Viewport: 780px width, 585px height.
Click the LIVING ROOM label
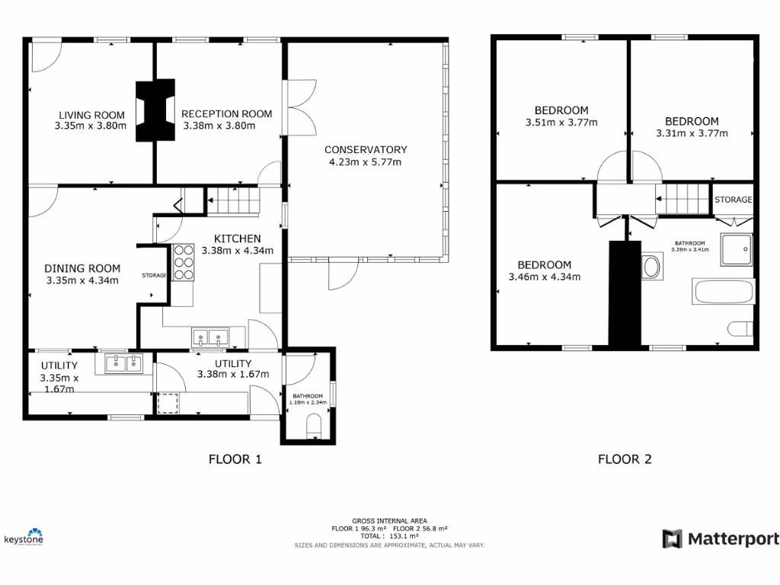click(x=91, y=115)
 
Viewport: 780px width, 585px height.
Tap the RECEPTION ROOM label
click(x=226, y=114)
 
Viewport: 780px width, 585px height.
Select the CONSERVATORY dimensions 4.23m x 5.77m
click(x=365, y=161)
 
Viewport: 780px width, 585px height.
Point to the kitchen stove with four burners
click(x=183, y=263)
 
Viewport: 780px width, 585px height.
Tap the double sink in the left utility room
click(x=120, y=363)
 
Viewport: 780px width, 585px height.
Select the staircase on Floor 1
click(x=234, y=201)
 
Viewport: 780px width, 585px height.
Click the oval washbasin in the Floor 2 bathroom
click(x=652, y=267)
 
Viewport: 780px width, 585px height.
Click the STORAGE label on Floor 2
click(x=733, y=200)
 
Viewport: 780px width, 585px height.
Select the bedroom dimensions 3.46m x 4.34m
click(x=544, y=277)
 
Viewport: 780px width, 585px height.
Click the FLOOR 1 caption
click(x=235, y=459)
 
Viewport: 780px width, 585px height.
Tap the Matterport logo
click(x=720, y=539)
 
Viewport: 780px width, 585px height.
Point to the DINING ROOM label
click(x=82, y=268)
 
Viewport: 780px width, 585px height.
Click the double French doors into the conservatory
click(x=296, y=107)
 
